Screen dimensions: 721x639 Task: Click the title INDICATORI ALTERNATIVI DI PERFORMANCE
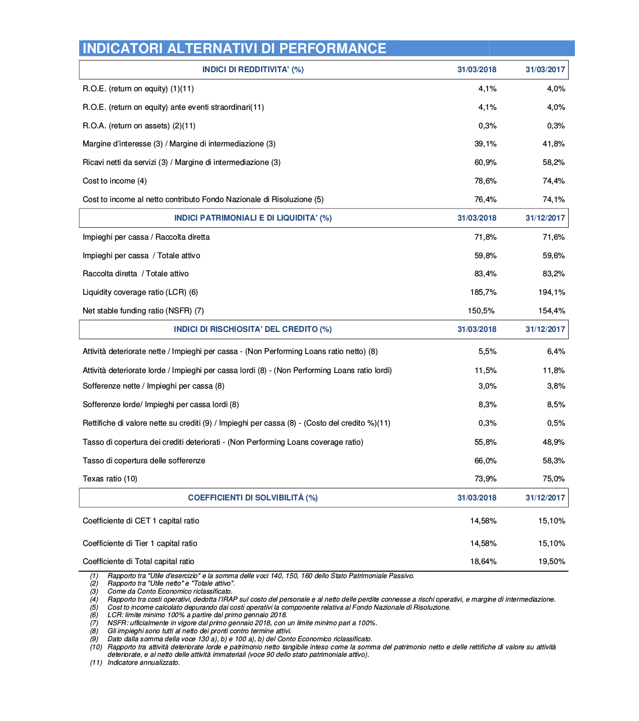click(234, 48)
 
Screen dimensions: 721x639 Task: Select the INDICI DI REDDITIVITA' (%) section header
click(253, 70)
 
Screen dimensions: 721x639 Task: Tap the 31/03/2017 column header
click(545, 70)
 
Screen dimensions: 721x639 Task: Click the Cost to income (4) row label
click(114, 181)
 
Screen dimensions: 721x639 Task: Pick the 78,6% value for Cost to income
click(485, 181)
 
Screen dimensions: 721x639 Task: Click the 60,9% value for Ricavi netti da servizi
click(485, 162)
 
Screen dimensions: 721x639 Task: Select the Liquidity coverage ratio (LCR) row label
click(140, 292)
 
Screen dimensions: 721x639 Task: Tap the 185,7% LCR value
click(483, 292)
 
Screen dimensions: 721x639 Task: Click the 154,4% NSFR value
click(551, 311)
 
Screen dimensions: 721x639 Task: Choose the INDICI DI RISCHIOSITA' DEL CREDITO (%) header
click(253, 329)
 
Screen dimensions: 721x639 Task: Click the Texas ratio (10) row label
click(110, 479)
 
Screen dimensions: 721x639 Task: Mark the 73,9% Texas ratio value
click(485, 479)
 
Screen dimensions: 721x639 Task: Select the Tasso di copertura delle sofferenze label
click(144, 461)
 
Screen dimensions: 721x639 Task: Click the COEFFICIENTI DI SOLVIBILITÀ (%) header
click(253, 498)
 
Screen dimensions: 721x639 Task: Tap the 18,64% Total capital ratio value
click(483, 562)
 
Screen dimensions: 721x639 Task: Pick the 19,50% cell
click(551, 562)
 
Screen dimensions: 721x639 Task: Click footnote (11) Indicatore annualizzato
click(143, 663)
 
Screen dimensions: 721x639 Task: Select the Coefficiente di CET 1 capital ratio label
click(141, 521)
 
